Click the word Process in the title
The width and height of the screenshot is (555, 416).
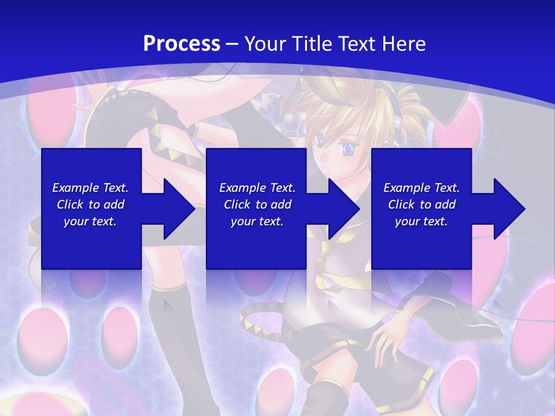[182, 44]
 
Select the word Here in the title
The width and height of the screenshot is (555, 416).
[404, 44]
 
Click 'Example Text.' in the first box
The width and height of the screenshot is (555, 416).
[90, 188]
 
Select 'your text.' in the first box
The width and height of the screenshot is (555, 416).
[90, 221]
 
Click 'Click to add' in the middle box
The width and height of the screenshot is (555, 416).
[257, 205]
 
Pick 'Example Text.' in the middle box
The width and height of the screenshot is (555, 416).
[257, 188]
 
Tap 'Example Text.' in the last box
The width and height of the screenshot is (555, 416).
[421, 188]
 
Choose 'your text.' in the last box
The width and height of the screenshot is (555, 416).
[421, 221]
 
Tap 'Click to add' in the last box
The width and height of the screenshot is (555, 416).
[421, 205]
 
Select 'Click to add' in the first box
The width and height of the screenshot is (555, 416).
[90, 205]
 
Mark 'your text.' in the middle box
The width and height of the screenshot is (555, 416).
[257, 221]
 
